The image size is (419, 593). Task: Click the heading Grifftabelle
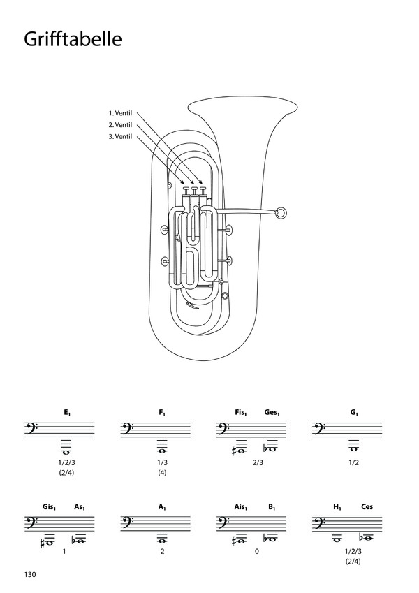73,39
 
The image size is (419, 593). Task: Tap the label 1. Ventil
120,113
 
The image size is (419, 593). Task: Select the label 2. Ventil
120,125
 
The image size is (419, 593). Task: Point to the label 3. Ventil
120,136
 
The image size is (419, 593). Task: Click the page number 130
30,574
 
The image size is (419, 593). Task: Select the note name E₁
67,413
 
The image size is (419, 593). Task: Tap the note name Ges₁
272,413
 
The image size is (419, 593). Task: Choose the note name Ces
367,506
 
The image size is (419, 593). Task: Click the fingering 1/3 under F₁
162,462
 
